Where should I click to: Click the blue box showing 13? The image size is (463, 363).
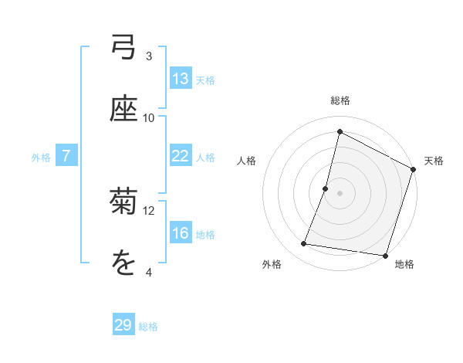coord(181,78)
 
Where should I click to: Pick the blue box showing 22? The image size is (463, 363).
coord(181,155)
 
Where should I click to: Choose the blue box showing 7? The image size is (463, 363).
coord(66,155)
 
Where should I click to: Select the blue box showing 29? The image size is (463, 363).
coord(123,325)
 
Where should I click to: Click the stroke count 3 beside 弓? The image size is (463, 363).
coord(149,56)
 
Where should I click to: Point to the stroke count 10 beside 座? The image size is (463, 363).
coord(149,118)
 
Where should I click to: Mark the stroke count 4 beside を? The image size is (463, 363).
coord(149,273)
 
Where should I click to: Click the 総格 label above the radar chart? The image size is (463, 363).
coord(340,100)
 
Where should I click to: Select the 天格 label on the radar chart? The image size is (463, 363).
coord(434,161)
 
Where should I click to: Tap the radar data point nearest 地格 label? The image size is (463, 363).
coord(384,255)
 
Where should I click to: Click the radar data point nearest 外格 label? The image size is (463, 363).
coord(304,244)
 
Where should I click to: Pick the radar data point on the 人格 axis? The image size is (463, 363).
coord(326,188)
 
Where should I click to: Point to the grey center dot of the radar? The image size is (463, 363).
coord(340,192)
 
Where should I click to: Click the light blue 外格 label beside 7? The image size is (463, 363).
coord(41,158)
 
